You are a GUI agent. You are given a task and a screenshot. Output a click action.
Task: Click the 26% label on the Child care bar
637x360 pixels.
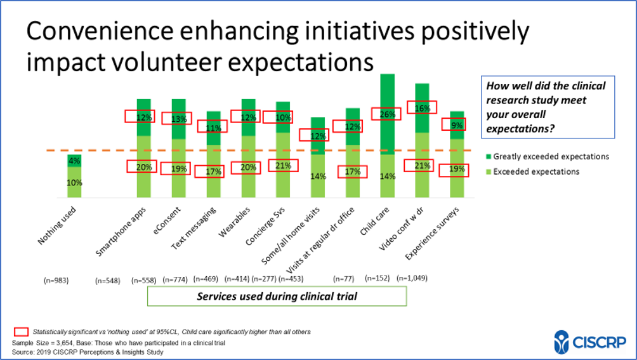[388, 115]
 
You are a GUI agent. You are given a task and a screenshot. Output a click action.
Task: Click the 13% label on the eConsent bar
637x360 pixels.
[178, 118]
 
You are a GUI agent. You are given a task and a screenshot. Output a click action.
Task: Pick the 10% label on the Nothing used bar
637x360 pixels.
[75, 183]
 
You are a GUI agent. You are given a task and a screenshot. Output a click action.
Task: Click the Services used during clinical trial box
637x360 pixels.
[277, 297]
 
